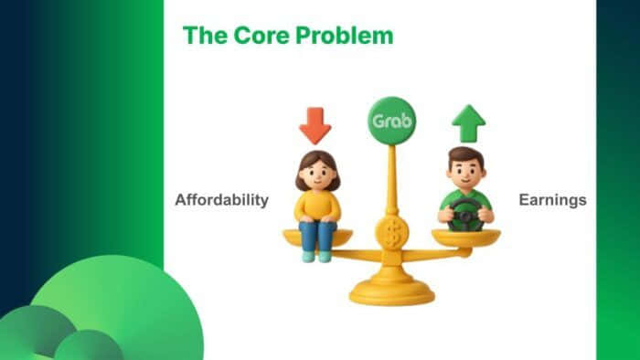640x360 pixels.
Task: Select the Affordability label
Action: tap(222, 200)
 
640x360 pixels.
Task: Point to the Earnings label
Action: tap(551, 200)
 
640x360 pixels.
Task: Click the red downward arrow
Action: tap(315, 125)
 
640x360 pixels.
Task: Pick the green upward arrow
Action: tap(468, 122)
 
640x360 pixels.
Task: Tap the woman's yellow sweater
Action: tap(316, 205)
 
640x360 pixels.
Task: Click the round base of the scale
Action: tap(392, 290)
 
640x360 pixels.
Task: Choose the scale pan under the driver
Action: tap(466, 238)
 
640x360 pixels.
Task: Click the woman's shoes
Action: tap(316, 257)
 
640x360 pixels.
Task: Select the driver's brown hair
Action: tap(466, 154)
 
